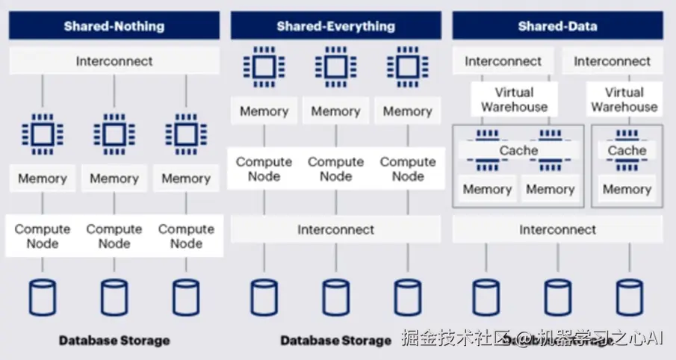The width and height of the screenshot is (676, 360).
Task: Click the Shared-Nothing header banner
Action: [114, 26]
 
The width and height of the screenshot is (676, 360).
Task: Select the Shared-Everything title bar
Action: [335, 26]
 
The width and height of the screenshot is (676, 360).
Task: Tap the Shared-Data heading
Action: [557, 26]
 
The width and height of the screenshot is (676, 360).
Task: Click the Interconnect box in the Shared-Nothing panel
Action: [114, 61]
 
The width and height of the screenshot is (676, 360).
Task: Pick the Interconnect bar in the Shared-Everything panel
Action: [335, 229]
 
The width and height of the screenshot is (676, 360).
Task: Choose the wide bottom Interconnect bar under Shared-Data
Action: [557, 229]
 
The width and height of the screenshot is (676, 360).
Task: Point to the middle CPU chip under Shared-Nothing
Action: [114, 134]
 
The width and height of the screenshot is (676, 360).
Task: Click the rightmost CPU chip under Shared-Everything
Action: [407, 67]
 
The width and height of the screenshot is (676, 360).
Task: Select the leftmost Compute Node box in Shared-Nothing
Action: [43, 236]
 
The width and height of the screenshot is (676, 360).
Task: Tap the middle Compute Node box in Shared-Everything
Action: [335, 169]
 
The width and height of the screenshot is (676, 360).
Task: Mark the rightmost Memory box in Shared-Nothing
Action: [186, 179]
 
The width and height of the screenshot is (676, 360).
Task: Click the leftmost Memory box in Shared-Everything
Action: [264, 111]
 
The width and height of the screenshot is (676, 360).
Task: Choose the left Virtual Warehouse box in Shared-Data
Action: [514, 99]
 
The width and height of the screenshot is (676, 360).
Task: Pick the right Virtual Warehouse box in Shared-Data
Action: [624, 99]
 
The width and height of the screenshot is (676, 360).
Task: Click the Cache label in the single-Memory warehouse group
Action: [627, 151]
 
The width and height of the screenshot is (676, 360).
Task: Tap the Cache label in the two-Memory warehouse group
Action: [518, 151]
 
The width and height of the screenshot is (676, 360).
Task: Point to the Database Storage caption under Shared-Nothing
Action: [114, 341]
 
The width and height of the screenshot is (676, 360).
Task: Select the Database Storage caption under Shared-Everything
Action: [335, 341]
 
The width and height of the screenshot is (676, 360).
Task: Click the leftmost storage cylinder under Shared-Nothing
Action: [43, 297]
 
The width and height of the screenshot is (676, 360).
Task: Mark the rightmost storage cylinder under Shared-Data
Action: [630, 297]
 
